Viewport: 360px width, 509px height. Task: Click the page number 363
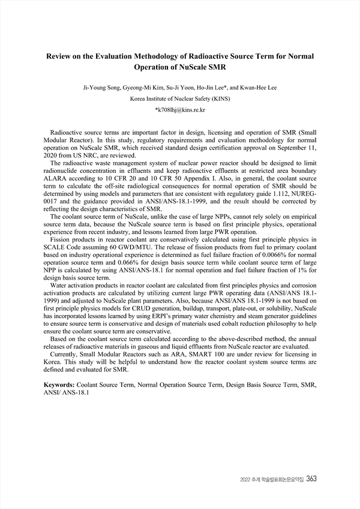tap(311, 479)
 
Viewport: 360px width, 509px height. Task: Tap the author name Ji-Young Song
tap(101, 88)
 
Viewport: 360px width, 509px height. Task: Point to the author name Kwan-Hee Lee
tap(257, 88)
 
